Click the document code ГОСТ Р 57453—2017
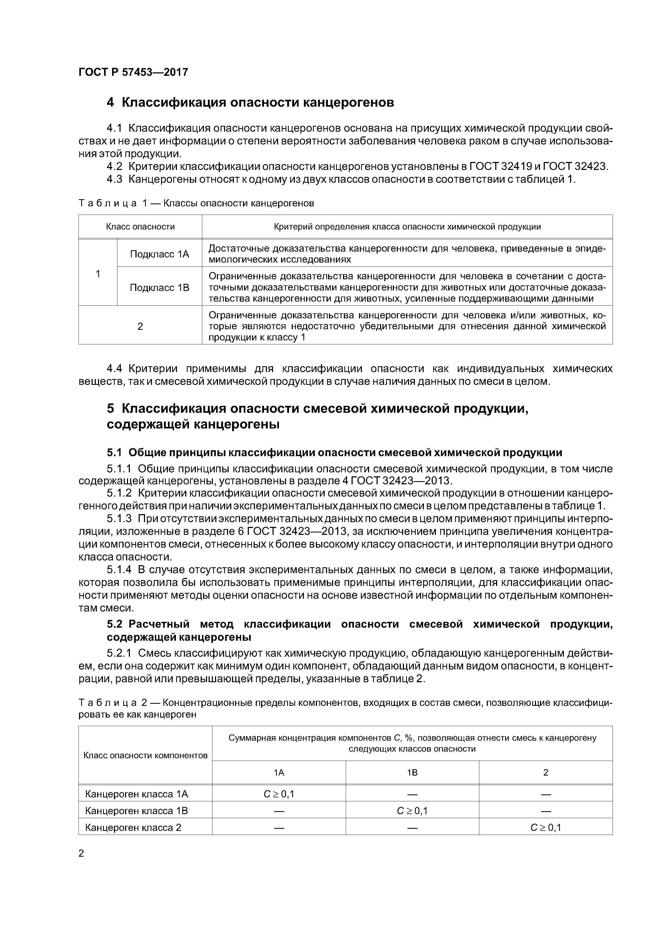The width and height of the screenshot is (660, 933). pos(133,72)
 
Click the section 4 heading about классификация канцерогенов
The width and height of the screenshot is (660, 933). pos(250,102)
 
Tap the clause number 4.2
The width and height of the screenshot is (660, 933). pos(114,166)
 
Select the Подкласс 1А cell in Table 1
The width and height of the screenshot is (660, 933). pos(159,254)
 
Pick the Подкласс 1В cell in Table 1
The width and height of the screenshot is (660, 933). pos(159,288)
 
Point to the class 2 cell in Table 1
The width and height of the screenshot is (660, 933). pos(140,326)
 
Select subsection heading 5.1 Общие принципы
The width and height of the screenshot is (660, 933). pos(334,453)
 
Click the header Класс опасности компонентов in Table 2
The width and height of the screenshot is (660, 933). pos(145,755)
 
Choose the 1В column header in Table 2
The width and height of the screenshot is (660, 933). pos(412,772)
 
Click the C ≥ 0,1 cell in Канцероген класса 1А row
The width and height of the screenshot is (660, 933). pos(279,794)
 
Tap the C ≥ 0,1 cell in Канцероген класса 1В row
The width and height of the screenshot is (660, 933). pos(412,811)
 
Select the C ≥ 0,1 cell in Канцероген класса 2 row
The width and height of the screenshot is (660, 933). pos(546,827)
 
